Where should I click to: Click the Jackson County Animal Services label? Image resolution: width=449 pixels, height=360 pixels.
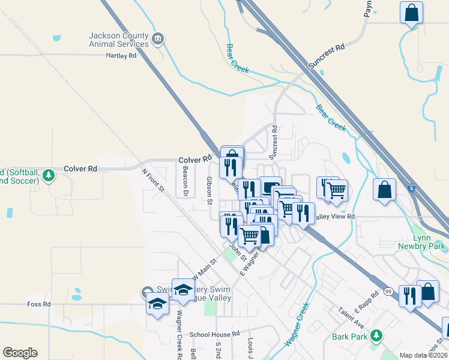(119, 40)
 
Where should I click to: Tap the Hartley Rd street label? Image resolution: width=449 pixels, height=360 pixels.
(121, 56)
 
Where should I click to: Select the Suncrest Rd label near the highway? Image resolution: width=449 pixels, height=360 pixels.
(327, 55)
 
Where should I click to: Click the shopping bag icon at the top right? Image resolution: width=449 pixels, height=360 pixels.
(411, 12)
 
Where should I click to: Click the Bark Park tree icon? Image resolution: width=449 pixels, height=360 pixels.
(376, 335)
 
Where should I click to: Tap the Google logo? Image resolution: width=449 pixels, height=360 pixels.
(20, 353)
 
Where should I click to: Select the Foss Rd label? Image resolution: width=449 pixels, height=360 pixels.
(39, 304)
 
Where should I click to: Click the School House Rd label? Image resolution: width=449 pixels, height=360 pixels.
(214, 334)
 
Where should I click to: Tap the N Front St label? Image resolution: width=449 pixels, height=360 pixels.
(153, 180)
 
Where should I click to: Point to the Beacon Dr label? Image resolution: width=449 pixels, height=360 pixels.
(185, 185)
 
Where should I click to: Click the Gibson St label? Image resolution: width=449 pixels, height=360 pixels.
(210, 191)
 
